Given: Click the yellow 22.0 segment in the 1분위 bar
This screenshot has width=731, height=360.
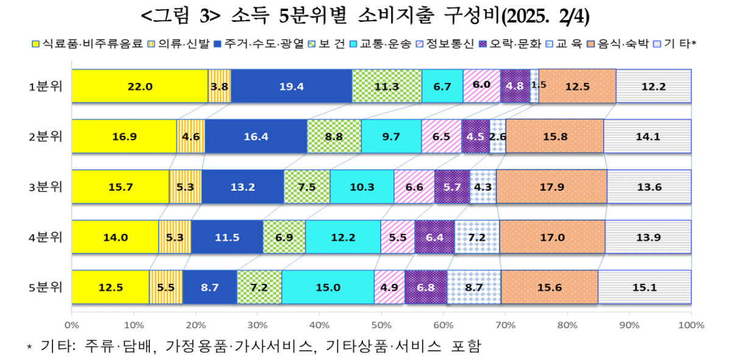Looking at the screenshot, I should pos(139,86).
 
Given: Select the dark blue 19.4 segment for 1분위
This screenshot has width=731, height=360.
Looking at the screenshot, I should pos(291,86).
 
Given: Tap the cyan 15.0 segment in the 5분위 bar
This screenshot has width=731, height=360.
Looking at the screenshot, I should pos(328,287).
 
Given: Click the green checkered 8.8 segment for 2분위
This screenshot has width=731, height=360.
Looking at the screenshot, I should pos(334,136).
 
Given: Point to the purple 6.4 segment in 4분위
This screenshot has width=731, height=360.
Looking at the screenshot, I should pos(434,237).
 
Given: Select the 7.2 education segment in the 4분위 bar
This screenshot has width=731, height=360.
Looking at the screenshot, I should pos(477,237).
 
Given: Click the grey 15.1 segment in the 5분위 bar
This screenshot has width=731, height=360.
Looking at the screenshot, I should pos(644,287).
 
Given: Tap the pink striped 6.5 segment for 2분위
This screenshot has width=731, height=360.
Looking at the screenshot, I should pos(441,136).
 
